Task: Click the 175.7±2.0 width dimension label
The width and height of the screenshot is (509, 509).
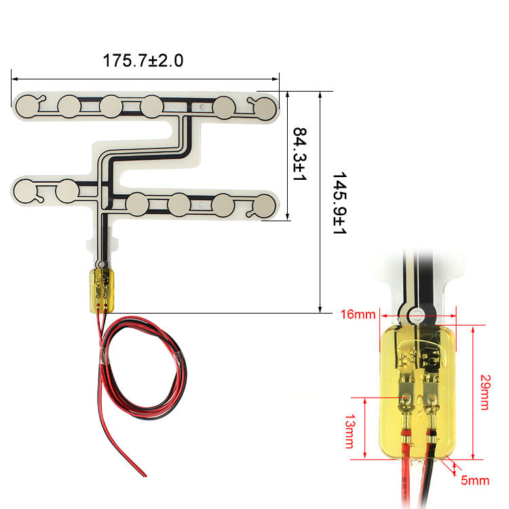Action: pyautogui.click(x=143, y=60)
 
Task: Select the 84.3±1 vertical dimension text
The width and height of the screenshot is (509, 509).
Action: pyautogui.click(x=300, y=154)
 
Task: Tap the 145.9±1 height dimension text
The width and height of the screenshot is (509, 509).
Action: pyautogui.click(x=339, y=203)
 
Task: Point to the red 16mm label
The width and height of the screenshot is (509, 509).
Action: pyautogui.click(x=358, y=314)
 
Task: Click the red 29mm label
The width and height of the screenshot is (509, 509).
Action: pyautogui.click(x=485, y=392)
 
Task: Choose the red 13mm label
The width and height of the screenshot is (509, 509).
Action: pyautogui.click(x=350, y=431)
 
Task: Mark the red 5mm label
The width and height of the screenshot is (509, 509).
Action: pyautogui.click(x=475, y=480)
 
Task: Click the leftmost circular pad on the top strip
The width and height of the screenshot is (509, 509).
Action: pyautogui.click(x=27, y=106)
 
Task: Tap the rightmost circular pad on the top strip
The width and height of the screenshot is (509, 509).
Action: pyautogui.click(x=265, y=109)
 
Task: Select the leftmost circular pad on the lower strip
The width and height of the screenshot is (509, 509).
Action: pyautogui.click(x=26, y=191)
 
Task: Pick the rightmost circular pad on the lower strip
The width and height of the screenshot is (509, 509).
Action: pyautogui.click(x=265, y=206)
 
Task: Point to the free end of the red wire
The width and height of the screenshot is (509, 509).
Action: pyautogui.click(x=145, y=476)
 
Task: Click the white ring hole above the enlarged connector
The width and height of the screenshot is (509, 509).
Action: pyautogui.click(x=416, y=315)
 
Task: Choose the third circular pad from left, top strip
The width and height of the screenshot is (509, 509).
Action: pyautogui.click(x=111, y=107)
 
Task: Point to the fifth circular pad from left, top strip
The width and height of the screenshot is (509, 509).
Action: pyautogui.click(x=224, y=107)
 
